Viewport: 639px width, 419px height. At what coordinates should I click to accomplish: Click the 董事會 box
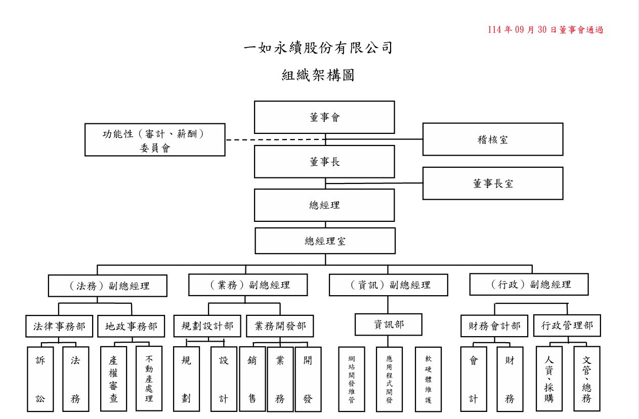[324, 117]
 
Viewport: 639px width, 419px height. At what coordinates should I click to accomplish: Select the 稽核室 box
[493, 139]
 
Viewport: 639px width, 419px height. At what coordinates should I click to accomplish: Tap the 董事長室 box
[493, 183]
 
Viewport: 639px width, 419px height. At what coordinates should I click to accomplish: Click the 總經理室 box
[325, 241]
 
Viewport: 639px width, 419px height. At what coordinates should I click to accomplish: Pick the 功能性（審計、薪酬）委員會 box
[155, 140]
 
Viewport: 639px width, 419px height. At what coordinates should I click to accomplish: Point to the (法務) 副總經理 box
[108, 286]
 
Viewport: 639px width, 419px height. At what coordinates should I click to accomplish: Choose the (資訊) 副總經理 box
[389, 285]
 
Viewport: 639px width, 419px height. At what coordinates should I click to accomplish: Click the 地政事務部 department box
[131, 327]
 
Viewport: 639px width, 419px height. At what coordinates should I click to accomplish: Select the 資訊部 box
[389, 324]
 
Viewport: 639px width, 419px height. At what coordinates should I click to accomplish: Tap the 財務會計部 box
[494, 326]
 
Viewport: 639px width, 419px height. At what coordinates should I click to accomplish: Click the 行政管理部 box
[567, 326]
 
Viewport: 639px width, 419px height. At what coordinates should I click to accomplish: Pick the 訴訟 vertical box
[40, 379]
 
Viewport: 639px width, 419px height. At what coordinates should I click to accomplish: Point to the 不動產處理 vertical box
[149, 379]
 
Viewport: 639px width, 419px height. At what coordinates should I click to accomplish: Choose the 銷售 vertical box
[252, 379]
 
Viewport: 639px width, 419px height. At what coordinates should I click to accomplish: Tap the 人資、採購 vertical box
[549, 379]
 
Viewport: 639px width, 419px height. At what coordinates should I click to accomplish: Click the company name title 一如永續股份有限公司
[318, 49]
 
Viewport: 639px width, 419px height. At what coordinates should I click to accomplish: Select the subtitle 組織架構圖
[318, 75]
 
